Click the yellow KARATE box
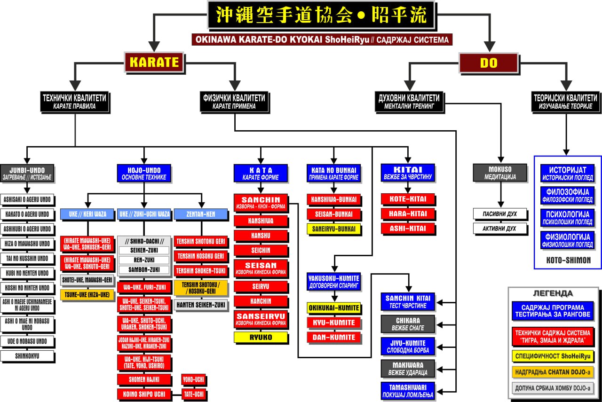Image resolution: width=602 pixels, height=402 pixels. click(153, 62)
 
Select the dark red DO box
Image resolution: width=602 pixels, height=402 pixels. click(488, 63)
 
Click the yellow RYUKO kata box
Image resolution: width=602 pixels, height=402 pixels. click(261, 337)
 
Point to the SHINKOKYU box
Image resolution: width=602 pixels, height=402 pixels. click(27, 356)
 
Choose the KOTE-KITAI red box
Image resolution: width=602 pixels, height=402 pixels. click(408, 199)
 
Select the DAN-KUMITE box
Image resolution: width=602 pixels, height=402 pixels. click(334, 337)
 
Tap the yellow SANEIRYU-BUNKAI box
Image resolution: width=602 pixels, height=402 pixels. click(334, 229)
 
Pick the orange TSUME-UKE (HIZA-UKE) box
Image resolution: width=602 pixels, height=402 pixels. click(87, 295)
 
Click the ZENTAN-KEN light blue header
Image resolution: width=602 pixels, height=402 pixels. click(201, 214)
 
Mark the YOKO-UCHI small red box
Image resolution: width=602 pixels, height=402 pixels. click(194, 379)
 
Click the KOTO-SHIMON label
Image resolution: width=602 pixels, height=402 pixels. click(568, 260)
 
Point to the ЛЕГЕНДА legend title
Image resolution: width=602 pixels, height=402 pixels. click(553, 293)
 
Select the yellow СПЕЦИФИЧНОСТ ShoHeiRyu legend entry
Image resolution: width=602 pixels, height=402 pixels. click(552, 355)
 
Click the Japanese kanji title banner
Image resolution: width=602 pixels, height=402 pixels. click(322, 16)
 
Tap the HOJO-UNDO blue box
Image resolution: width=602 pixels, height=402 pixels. click(144, 173)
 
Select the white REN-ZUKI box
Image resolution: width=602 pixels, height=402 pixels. click(143, 260)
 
